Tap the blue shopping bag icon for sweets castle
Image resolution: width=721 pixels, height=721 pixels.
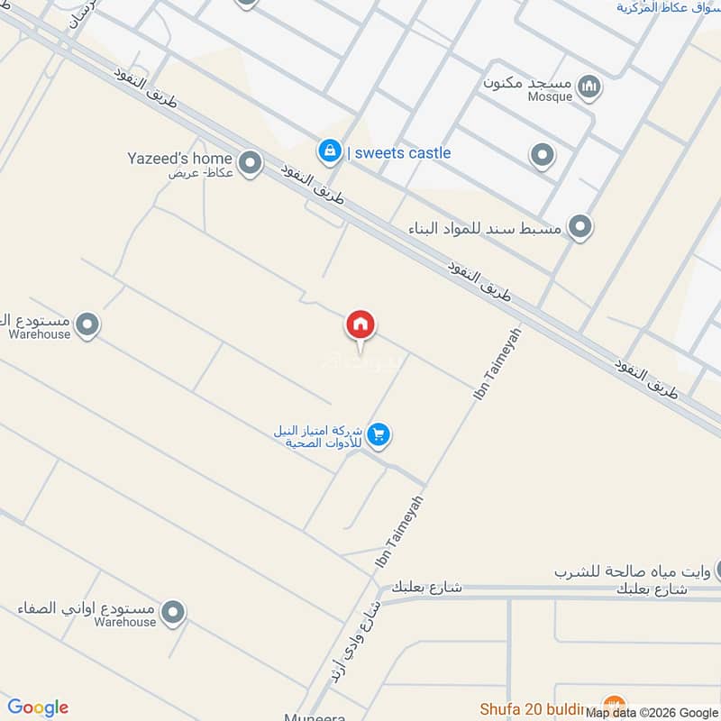pyautogui.click(x=330, y=151)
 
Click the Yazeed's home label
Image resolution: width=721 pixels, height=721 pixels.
pyautogui.click(x=179, y=159)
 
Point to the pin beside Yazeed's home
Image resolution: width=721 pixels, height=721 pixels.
pyautogui.click(x=251, y=163)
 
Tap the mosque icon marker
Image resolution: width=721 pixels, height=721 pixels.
pyautogui.click(x=590, y=87)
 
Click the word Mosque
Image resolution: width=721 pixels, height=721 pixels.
pyautogui.click(x=550, y=97)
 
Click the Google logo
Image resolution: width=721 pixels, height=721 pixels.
pyautogui.click(x=38, y=707)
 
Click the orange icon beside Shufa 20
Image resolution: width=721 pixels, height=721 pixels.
pyautogui.click(x=614, y=705)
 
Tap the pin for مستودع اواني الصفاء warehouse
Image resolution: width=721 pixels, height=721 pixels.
pyautogui.click(x=174, y=614)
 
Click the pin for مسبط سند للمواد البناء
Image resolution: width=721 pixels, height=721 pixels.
pyautogui.click(x=580, y=226)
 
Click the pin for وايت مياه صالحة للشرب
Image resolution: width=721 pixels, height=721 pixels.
pyautogui.click(x=719, y=570)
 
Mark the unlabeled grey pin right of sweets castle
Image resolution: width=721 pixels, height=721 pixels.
pyautogui.click(x=542, y=157)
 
